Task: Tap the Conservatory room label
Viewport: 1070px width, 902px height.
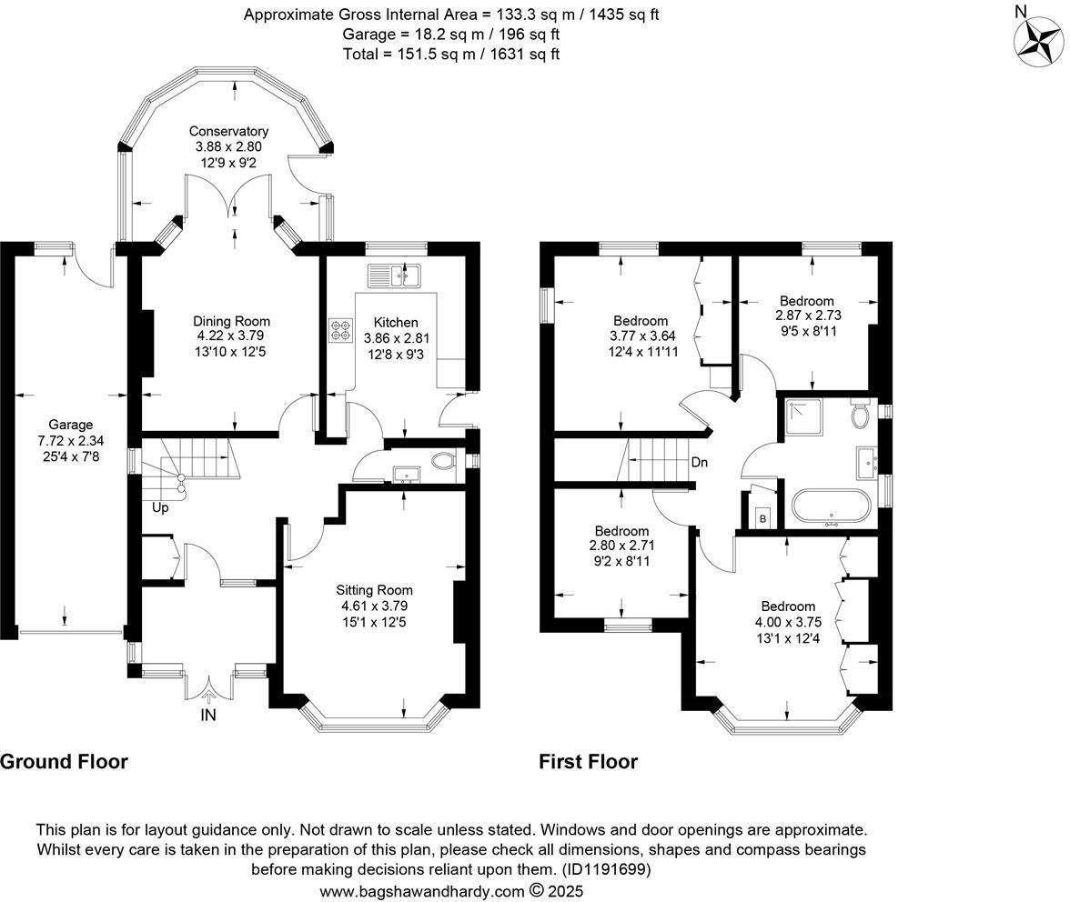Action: (x=228, y=132)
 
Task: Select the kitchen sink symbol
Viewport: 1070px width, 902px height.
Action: (x=394, y=274)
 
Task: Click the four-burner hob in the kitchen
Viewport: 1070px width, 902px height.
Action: (x=341, y=330)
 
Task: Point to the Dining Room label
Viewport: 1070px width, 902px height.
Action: (x=231, y=321)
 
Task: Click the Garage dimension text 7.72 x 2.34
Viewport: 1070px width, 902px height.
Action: (x=70, y=440)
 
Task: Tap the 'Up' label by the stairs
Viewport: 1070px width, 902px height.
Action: (x=160, y=507)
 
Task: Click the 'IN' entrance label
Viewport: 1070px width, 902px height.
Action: (x=209, y=716)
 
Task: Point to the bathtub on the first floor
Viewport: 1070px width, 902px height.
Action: (x=832, y=507)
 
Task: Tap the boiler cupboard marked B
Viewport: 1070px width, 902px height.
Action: (x=762, y=518)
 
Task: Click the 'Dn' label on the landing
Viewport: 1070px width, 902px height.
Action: (x=699, y=463)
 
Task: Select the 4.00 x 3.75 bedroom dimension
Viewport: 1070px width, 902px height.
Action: (x=788, y=622)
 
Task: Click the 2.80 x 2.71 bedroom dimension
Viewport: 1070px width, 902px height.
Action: (x=621, y=546)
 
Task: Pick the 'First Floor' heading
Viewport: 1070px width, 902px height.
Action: (x=588, y=762)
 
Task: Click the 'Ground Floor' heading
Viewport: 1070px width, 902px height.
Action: (x=64, y=762)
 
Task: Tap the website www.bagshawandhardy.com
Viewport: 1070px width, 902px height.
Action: (x=423, y=891)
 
